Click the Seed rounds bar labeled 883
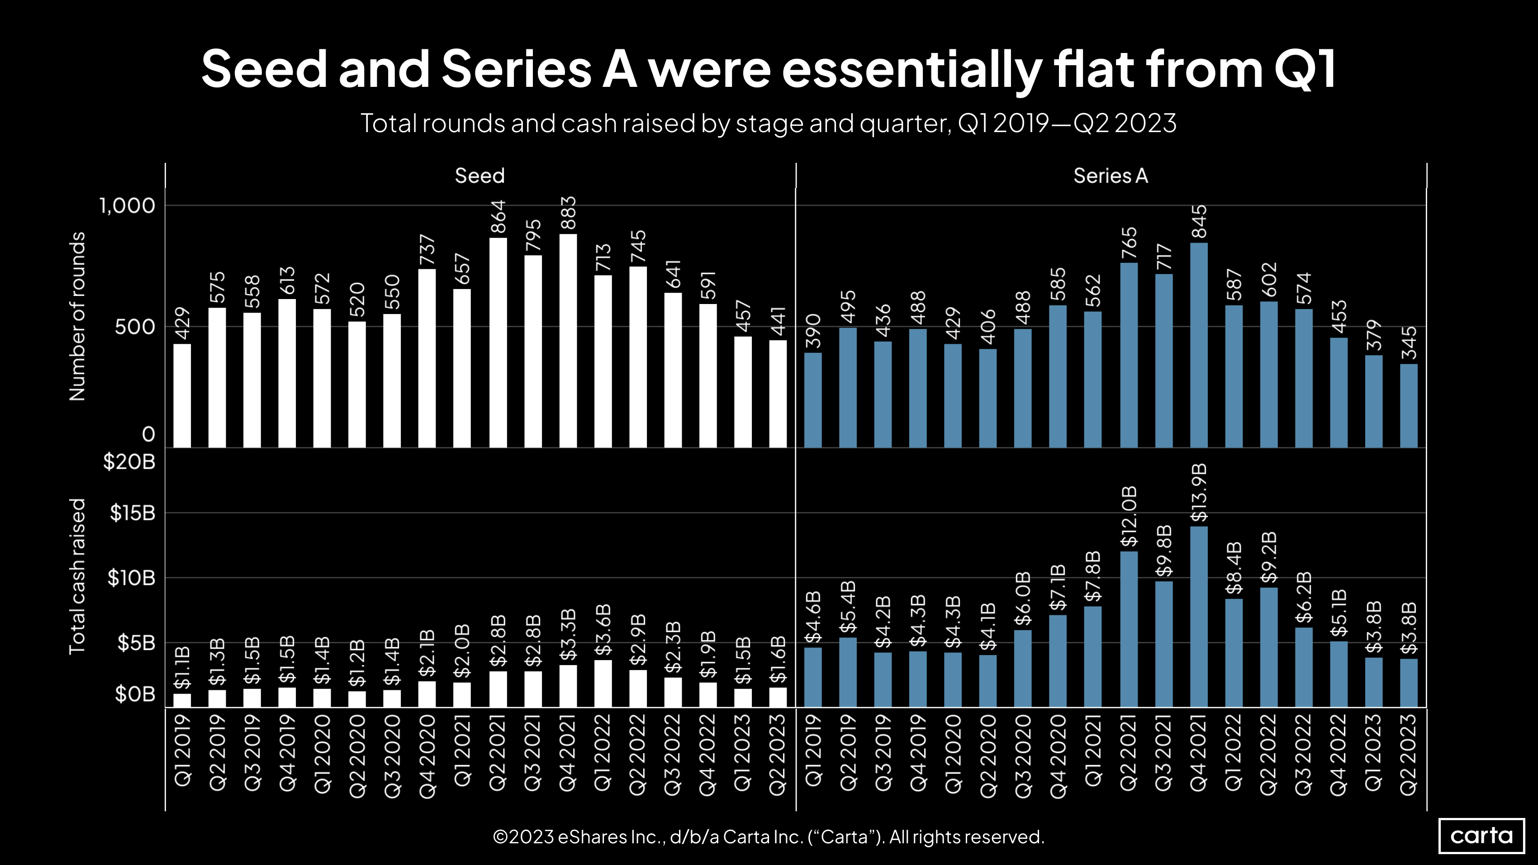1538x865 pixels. [568, 340]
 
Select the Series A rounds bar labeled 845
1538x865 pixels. [1198, 345]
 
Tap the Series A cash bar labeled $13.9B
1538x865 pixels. [1198, 616]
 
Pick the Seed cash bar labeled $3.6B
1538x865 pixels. [603, 683]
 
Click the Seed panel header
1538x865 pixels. [479, 176]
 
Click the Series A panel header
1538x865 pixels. [1110, 176]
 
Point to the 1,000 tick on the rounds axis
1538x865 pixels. [127, 206]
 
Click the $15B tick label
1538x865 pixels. [132, 513]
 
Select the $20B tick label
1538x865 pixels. [129, 461]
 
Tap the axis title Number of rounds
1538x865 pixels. [78, 316]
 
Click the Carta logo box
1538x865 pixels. [1481, 836]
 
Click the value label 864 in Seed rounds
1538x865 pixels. [498, 217]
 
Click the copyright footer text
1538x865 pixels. [769, 837]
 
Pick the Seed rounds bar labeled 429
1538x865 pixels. [182, 395]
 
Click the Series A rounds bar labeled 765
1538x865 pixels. [1129, 355]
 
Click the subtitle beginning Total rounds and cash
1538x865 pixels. [769, 124]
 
